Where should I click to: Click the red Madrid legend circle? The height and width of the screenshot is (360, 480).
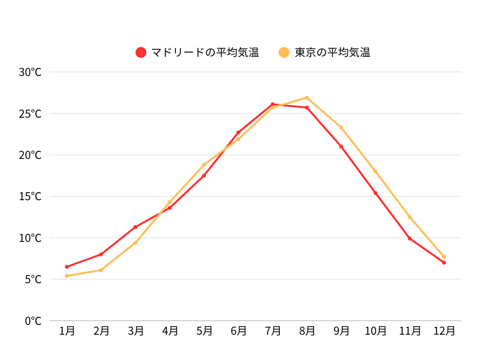[x=141, y=52]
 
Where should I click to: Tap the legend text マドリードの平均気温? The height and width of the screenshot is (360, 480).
[x=205, y=52]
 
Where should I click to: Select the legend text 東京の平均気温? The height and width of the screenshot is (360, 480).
[x=332, y=52]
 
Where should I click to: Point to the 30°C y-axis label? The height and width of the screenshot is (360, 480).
[x=30, y=72]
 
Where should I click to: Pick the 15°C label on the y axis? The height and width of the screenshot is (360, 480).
[x=30, y=196]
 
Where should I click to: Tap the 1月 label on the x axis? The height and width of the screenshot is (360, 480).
[x=67, y=331]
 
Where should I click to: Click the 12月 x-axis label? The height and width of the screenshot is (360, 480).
[x=444, y=331]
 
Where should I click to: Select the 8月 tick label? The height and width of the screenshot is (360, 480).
[x=307, y=331]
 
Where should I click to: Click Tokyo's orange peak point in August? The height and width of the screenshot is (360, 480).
[x=307, y=97]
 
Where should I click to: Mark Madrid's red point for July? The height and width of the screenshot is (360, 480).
[x=272, y=104]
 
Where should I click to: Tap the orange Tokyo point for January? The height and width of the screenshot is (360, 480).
[x=67, y=276]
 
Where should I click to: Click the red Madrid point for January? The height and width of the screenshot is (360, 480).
[x=67, y=267]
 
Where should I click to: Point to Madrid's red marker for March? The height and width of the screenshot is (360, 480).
[x=135, y=227]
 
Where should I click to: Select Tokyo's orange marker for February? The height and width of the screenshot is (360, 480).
[x=101, y=270]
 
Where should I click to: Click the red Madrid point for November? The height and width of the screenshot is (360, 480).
[x=410, y=239]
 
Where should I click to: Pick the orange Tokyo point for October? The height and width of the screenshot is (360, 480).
[x=375, y=172]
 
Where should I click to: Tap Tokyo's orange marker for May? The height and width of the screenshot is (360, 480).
[x=204, y=165]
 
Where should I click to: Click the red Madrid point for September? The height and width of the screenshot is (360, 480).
[x=341, y=147]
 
